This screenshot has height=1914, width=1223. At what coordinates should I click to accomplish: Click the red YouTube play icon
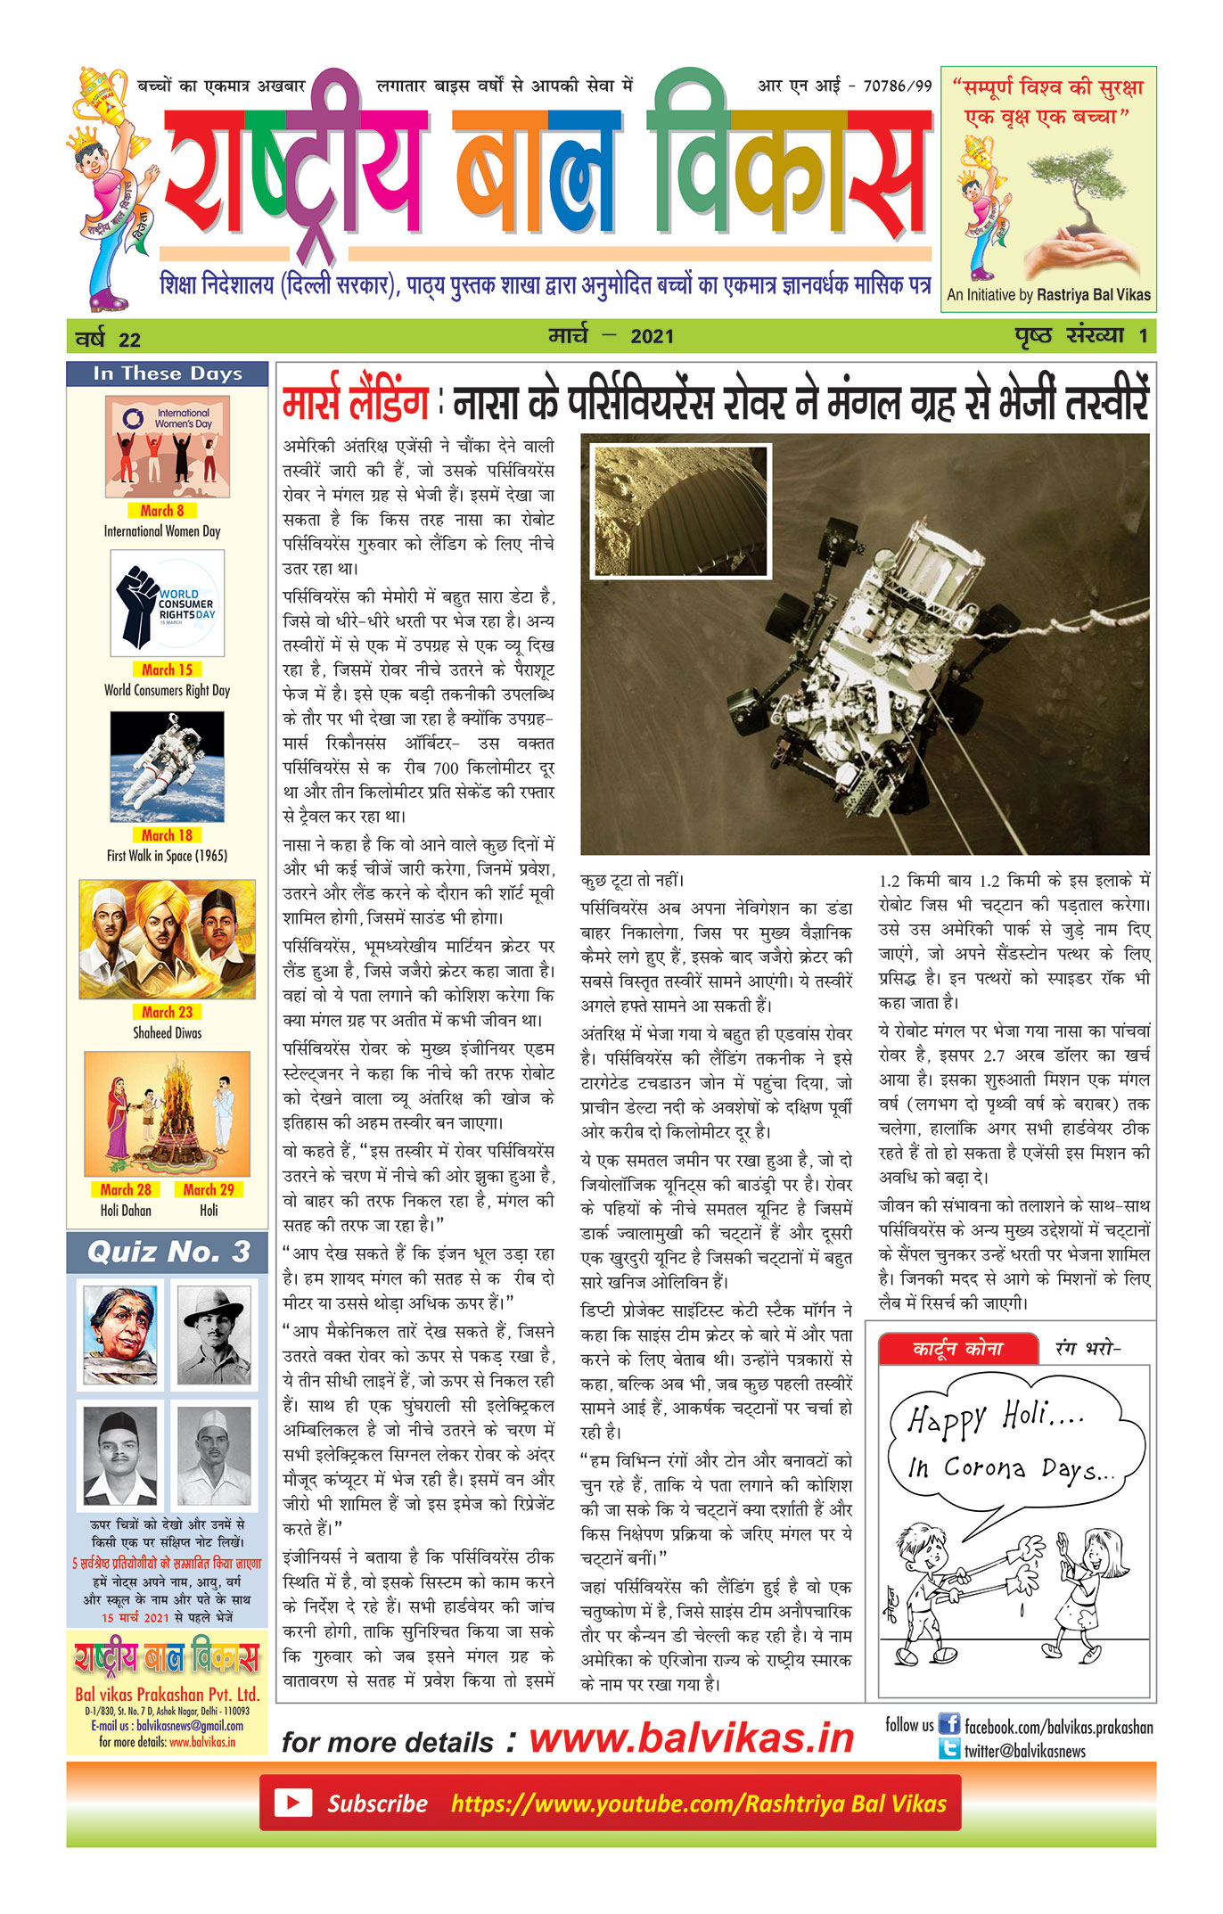[x=292, y=1803]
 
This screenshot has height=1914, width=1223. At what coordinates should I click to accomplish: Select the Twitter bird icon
[x=949, y=1750]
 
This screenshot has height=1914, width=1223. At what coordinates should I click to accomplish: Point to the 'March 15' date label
[x=167, y=669]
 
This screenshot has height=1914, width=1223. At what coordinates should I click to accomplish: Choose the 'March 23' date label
[x=167, y=1012]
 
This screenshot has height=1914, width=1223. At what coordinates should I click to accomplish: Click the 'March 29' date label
[x=209, y=1189]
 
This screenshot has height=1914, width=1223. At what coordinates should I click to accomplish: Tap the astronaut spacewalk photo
[x=168, y=766]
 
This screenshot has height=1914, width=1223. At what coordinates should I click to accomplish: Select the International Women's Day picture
[x=168, y=446]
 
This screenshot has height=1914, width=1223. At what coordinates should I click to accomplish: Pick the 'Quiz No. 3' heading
[x=168, y=1252]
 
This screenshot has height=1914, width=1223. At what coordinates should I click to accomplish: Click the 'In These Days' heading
[x=168, y=374]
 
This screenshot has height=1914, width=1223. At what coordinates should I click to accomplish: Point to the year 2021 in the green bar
[x=652, y=337]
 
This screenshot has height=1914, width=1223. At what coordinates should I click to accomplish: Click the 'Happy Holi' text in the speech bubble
[x=996, y=1418]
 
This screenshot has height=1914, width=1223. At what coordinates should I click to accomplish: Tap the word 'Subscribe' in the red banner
[x=377, y=1803]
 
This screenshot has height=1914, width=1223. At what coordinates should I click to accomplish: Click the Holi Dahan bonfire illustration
[x=168, y=1113]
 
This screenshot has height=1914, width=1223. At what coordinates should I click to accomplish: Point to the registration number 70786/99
[x=897, y=86]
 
